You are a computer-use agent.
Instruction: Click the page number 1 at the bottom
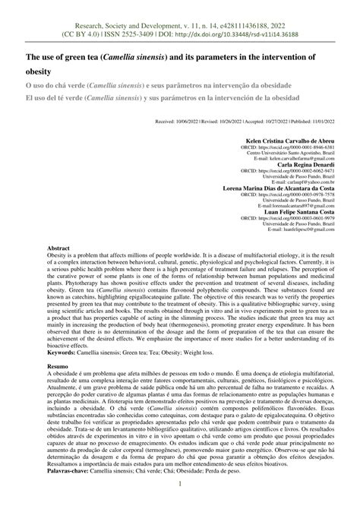(179, 484)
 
